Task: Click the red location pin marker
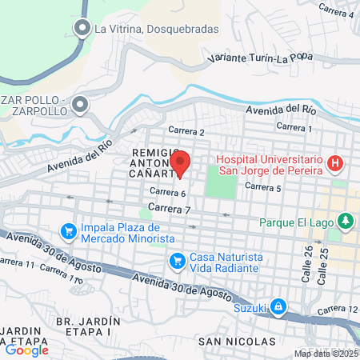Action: coord(180,163)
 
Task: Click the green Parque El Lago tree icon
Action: coord(346,219)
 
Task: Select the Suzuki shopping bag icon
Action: coord(277,306)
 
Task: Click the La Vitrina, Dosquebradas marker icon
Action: coord(82,30)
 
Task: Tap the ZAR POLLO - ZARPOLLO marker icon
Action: coord(80,104)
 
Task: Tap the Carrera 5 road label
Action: coord(263,187)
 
